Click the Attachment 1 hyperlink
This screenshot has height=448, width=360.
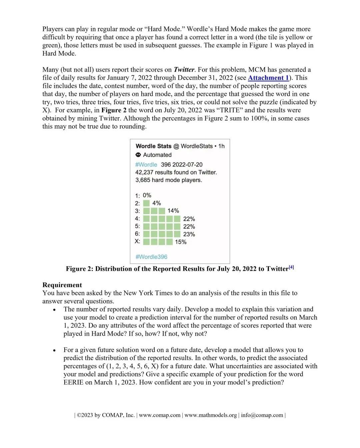click(268, 78)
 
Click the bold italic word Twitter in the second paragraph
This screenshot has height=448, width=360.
click(184, 70)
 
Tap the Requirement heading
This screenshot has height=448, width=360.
click(62, 285)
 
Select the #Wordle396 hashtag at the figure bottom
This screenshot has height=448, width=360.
click(151, 257)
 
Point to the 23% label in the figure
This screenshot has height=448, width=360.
click(189, 234)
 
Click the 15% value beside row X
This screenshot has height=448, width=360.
click(181, 242)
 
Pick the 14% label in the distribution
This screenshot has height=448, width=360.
click(173, 211)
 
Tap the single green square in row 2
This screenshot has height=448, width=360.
click(146, 203)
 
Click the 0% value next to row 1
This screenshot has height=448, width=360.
click(147, 195)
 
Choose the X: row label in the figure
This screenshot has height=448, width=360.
click(137, 241)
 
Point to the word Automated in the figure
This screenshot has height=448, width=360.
click(157, 155)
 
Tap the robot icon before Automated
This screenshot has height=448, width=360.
click(138, 155)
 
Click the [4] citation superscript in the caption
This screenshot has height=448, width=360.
click(291, 267)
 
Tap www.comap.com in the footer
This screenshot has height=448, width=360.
click(160, 415)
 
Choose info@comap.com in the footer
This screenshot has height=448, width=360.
click(262, 415)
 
